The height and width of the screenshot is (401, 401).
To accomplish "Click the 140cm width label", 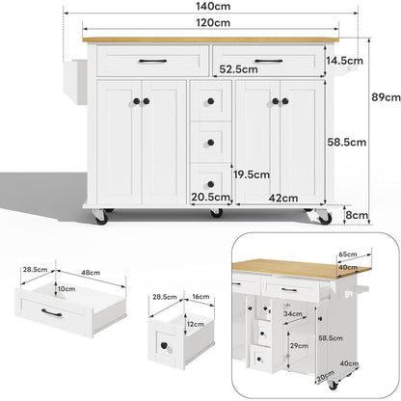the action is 213,6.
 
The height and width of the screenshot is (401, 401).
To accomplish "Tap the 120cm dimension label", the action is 213,23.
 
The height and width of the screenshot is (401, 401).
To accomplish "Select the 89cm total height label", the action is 386,97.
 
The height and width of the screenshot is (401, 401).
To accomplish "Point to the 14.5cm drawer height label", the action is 344,61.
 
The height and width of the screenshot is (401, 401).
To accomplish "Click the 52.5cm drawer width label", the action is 238,69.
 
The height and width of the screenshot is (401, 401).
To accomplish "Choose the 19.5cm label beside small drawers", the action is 252,174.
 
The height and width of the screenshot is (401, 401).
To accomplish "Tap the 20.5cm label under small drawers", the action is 211,197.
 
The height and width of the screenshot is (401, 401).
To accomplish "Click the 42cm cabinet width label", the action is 283,198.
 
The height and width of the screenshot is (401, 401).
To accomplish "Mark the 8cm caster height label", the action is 357,215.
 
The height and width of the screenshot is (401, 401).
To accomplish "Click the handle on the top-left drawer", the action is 152,61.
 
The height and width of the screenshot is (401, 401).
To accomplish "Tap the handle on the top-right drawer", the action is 269,61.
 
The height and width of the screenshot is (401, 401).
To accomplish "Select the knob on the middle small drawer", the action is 210,143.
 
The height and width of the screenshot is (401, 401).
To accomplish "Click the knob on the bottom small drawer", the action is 210,184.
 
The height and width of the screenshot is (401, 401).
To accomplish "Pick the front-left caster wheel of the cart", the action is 100,216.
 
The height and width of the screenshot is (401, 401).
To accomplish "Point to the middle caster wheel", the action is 216,212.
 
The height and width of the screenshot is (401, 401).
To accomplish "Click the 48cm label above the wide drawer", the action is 91,273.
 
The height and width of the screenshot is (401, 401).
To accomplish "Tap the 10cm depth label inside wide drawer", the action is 67,289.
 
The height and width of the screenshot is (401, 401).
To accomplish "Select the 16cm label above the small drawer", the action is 200,297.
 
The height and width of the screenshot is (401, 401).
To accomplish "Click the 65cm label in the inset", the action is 348,254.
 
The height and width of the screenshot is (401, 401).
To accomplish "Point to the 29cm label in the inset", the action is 299,346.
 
